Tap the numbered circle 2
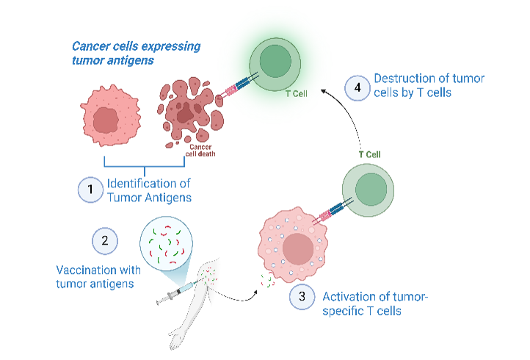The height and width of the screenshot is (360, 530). point(104,240)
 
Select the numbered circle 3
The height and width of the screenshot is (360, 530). point(301,298)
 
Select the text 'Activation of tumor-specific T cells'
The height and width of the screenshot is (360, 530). point(374,304)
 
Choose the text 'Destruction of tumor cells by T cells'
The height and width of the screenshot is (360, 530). point(429,86)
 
